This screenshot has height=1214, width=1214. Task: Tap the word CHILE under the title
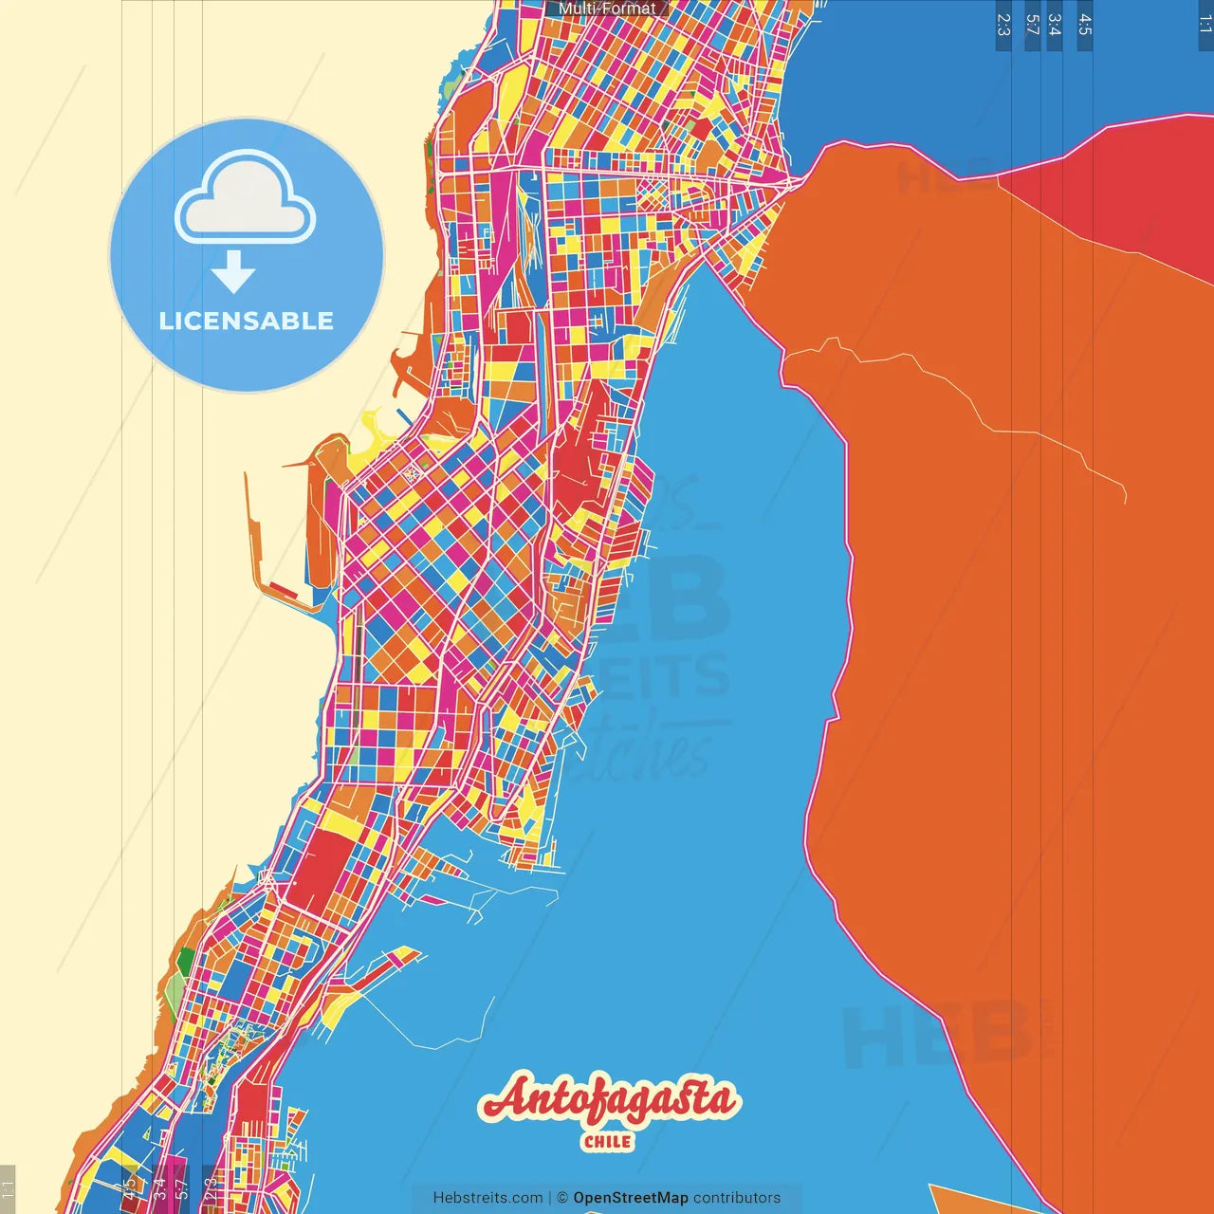point(608,1142)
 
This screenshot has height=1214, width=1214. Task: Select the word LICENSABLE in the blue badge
point(247,321)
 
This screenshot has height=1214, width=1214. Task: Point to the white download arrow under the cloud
point(233,272)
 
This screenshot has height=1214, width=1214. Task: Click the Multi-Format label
point(607,9)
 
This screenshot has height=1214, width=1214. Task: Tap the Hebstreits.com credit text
point(487,1198)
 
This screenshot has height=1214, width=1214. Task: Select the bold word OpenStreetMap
point(630,1198)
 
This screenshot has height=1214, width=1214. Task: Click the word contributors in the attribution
point(737,1198)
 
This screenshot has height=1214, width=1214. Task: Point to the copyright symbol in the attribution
point(562,1198)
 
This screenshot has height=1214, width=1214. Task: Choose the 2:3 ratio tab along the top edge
point(1003,25)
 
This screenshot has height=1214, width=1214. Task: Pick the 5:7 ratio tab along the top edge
point(1032,25)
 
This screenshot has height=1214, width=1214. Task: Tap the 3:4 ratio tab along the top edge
point(1055,25)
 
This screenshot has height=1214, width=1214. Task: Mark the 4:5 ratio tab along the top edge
point(1085,25)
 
